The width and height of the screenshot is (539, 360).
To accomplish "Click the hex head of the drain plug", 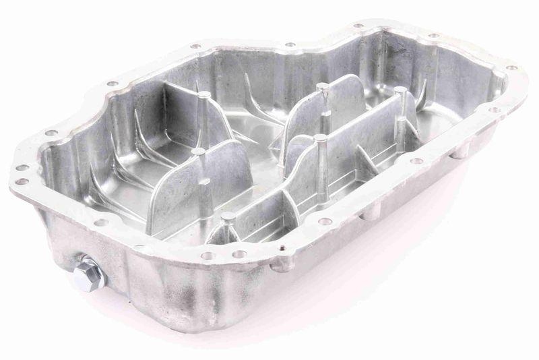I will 88,274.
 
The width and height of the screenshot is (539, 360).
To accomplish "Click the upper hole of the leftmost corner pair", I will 21,168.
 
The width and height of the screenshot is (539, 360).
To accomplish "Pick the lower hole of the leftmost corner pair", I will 22,181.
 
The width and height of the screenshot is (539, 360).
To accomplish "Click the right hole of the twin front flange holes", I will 239,254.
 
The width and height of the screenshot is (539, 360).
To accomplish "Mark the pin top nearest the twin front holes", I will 228,216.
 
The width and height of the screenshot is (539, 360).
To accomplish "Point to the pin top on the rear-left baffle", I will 203,95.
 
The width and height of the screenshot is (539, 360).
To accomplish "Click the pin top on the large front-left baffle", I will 197,152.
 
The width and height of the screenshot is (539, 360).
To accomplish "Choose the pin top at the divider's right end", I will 400,89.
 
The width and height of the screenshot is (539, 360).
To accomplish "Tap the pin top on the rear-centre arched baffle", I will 322,86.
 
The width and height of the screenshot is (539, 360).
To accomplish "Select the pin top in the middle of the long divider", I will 319,138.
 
